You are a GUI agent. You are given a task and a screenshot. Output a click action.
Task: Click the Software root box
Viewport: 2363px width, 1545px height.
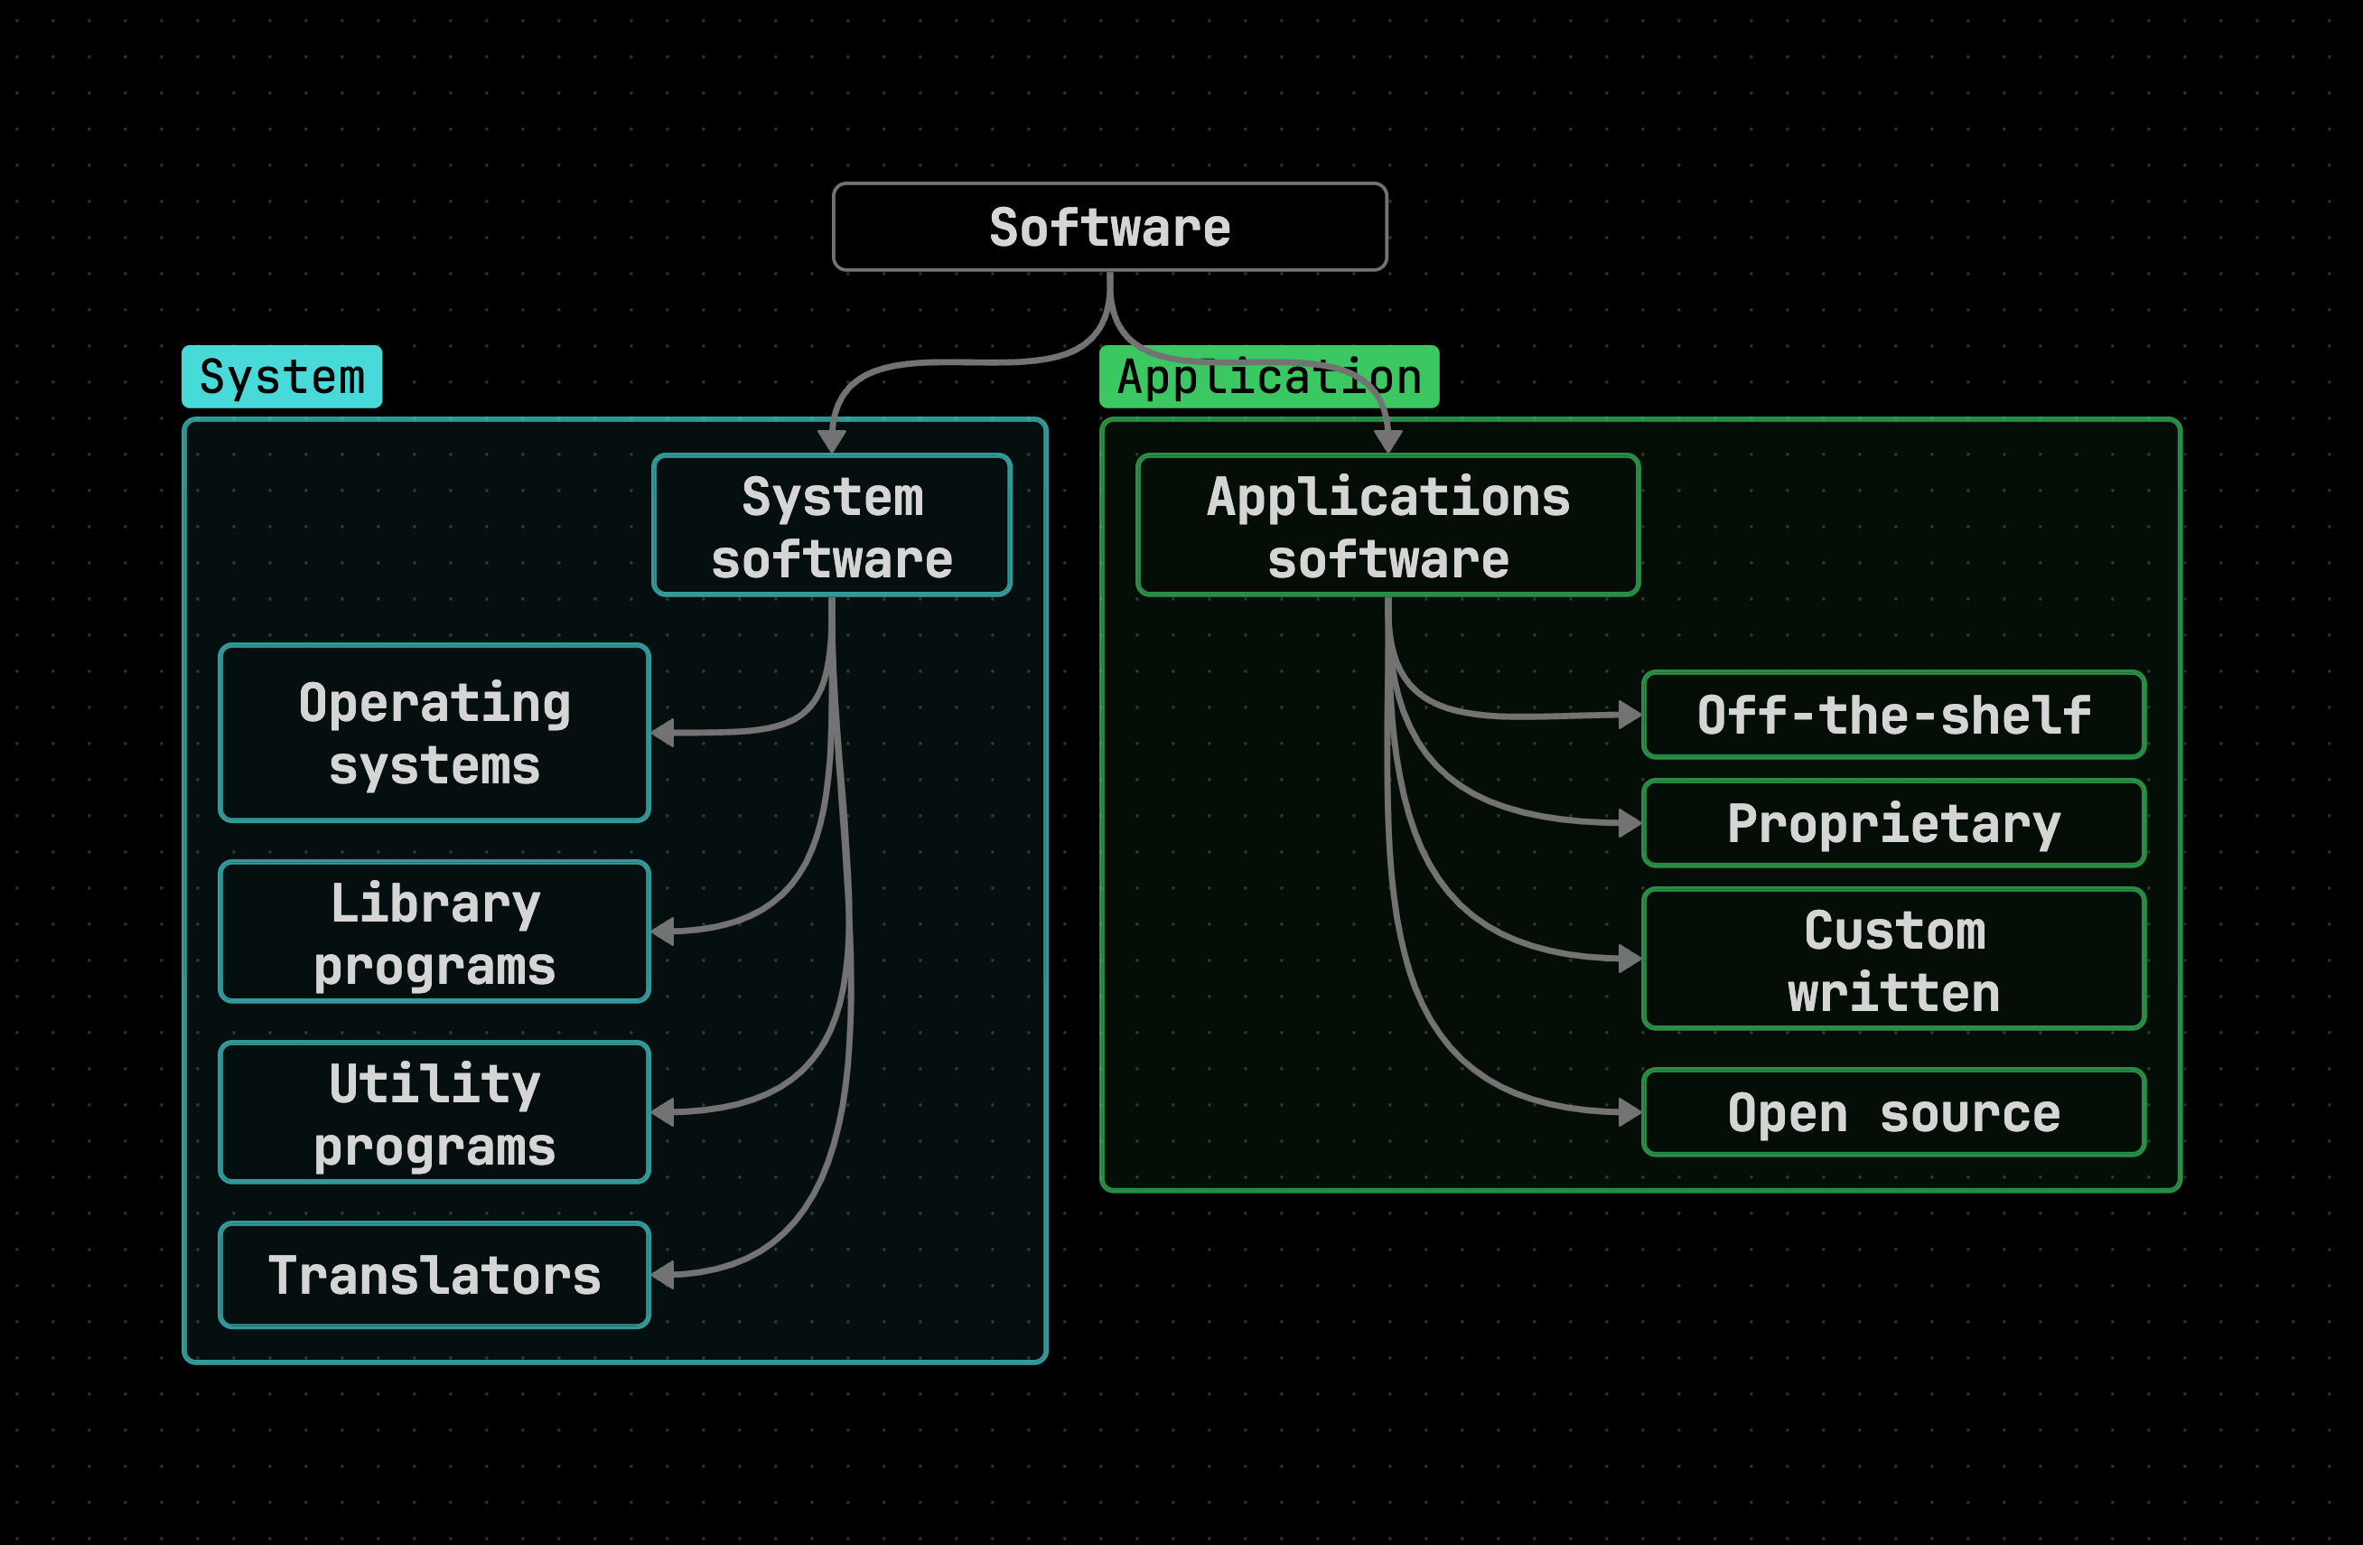coord(1109,227)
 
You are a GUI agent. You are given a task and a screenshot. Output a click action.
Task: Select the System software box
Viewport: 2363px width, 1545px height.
coord(831,525)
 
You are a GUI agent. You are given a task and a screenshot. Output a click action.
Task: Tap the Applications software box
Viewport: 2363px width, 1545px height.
coord(1387,525)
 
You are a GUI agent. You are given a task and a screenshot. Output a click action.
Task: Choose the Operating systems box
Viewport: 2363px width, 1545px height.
coord(434,733)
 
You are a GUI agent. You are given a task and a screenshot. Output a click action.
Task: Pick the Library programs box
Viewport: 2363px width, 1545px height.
coord(434,932)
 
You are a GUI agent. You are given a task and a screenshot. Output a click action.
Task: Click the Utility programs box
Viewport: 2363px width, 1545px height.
coord(434,1112)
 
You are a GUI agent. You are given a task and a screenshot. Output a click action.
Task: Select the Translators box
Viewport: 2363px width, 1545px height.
coord(434,1275)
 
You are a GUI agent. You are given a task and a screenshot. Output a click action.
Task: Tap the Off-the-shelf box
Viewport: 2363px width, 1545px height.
coord(1893,715)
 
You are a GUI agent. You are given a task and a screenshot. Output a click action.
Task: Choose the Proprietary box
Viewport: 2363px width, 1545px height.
coord(1893,823)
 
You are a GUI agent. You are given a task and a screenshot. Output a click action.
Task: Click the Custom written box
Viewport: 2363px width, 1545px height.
coord(1893,960)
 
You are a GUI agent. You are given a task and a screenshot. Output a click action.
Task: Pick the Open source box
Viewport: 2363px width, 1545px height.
coord(1893,1112)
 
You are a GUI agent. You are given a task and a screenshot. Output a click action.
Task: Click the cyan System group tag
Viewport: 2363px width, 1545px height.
coord(281,377)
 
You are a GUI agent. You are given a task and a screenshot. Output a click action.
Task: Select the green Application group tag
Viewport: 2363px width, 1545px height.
coord(1268,377)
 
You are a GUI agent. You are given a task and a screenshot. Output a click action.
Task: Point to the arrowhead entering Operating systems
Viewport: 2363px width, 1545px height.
coord(663,733)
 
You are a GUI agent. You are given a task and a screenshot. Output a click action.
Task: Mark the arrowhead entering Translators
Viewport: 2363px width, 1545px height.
coord(663,1275)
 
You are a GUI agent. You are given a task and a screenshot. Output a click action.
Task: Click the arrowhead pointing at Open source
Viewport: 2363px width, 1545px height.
coord(1630,1112)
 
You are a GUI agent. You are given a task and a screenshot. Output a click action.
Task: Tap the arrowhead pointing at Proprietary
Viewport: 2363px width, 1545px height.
coord(1630,823)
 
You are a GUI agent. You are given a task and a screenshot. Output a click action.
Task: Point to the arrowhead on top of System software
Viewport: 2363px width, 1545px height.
coord(831,442)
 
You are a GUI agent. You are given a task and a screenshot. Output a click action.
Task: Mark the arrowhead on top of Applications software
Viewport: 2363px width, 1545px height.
coord(1387,442)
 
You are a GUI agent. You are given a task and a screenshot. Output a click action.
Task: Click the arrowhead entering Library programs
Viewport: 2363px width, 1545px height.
coord(663,932)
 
